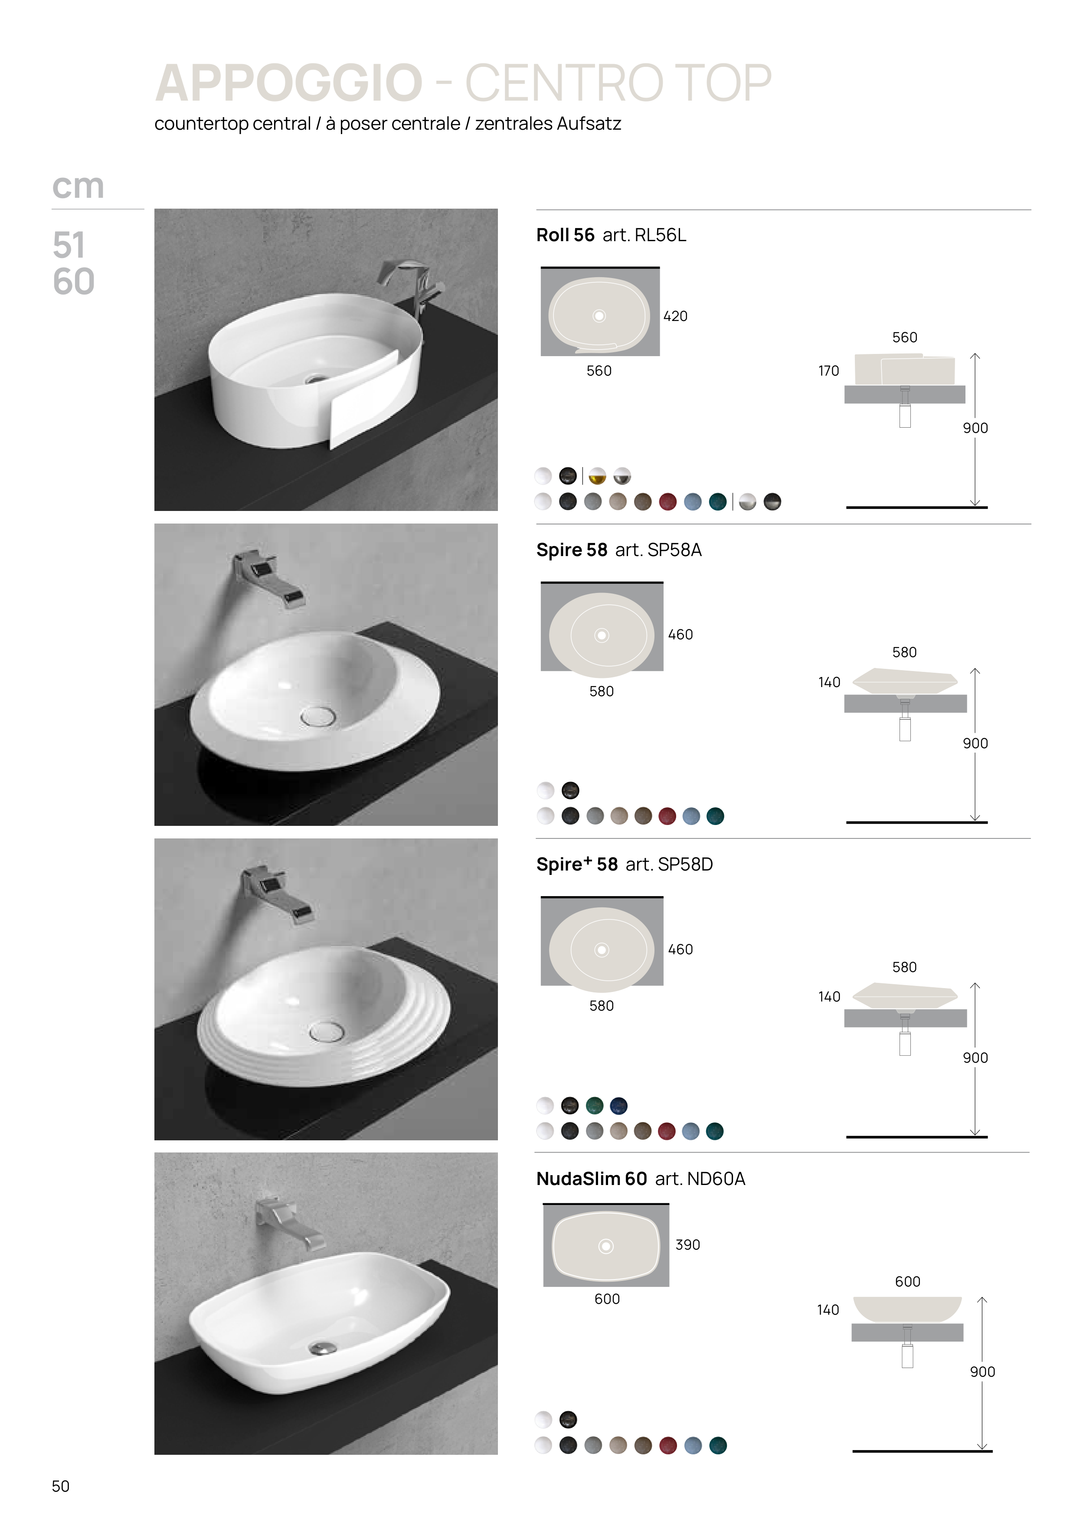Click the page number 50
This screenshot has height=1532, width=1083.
[x=61, y=1486]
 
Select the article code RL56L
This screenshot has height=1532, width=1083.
[x=660, y=235]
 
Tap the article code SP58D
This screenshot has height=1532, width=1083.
[x=685, y=864]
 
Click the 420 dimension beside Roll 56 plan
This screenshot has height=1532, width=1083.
[x=675, y=316]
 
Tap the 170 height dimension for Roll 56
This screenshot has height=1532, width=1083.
[x=829, y=371]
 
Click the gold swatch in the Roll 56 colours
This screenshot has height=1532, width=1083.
[x=597, y=476]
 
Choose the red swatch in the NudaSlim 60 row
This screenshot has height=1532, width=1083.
[x=668, y=1445]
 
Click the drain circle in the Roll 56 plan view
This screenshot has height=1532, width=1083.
[x=599, y=316]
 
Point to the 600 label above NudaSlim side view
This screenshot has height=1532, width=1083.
[x=907, y=1281]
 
